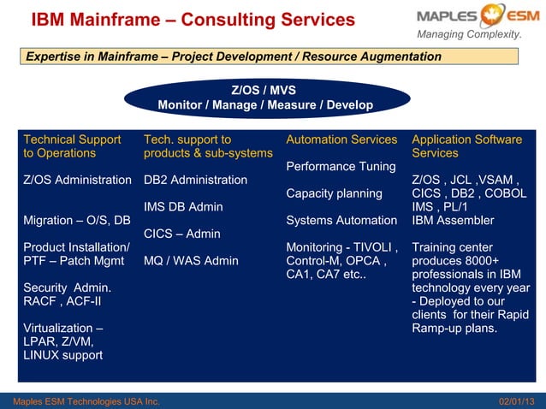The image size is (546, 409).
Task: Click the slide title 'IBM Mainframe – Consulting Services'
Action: pos(193,19)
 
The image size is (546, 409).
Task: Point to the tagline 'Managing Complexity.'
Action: pos(469,34)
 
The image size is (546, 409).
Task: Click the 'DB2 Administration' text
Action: pos(195,180)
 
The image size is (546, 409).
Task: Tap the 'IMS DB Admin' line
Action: pos(183,207)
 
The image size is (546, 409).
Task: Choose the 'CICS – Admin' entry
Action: pos(182,234)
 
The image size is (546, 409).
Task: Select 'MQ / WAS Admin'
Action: pos(191,261)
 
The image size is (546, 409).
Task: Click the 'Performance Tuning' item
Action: pos(341,166)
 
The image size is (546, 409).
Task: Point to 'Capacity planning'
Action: pos(334,193)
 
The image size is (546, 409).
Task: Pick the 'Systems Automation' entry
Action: pos(341,221)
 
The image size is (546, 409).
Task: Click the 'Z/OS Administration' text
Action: pos(77,180)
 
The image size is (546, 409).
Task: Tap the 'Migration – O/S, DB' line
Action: pos(77,221)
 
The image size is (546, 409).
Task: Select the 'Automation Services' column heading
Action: pos(341,139)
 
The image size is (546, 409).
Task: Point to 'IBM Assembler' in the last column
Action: pos(453,221)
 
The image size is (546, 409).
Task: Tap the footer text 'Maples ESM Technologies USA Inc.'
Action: pos(80,401)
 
